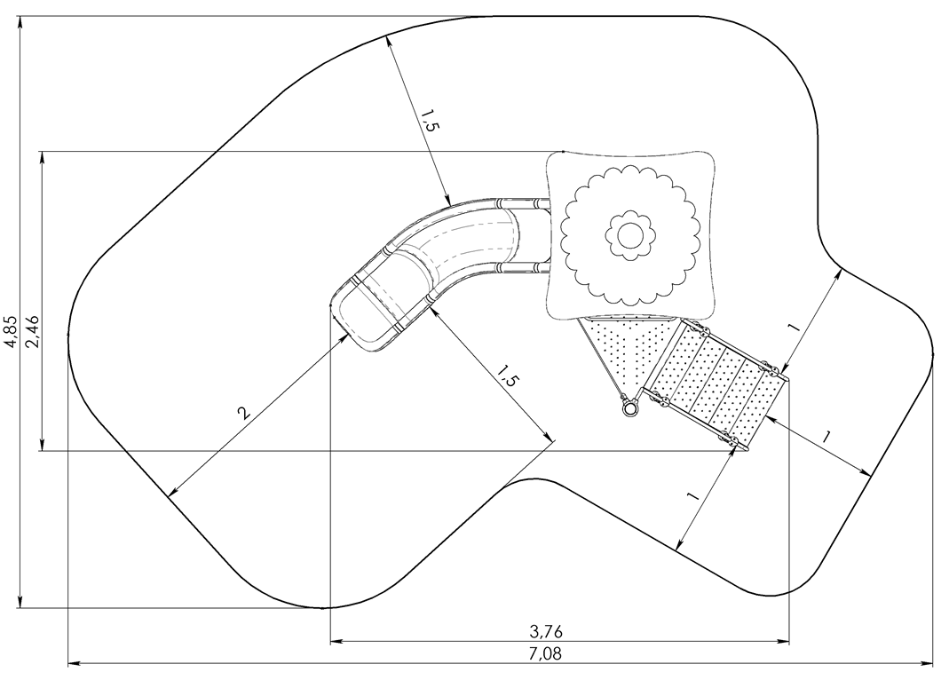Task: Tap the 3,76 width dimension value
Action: [546, 631]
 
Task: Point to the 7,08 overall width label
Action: [545, 654]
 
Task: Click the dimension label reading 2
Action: [243, 413]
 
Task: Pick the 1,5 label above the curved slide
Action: [431, 120]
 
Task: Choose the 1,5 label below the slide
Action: [507, 376]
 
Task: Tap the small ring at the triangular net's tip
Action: [630, 409]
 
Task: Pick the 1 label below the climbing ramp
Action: [692, 497]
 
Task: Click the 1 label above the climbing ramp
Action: [794, 327]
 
